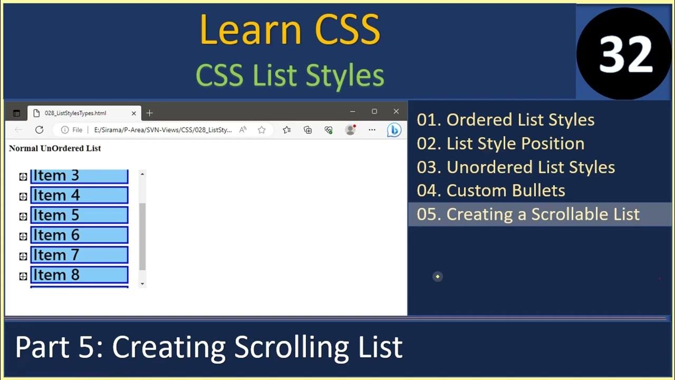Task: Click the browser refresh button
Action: point(39,130)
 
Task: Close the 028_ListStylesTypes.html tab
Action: point(133,113)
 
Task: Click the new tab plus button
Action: point(149,113)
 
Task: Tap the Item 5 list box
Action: point(79,215)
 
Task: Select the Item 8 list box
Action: point(79,275)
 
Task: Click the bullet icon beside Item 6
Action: point(23,236)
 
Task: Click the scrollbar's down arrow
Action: point(142,284)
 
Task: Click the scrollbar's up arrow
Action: point(142,174)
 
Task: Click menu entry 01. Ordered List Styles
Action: point(505,120)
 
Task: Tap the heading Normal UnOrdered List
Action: point(55,148)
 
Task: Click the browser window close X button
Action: point(396,111)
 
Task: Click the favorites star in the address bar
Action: point(262,130)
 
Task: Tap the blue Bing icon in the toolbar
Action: point(394,130)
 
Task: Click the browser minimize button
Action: point(352,111)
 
